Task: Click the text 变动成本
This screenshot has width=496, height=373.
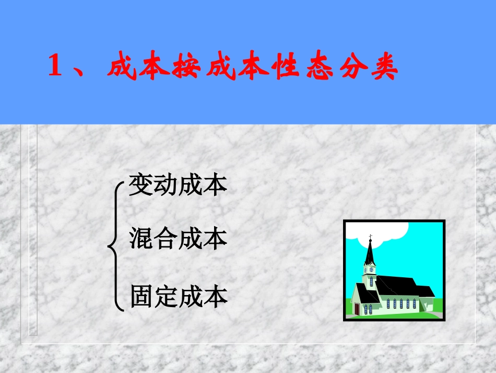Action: click(x=178, y=186)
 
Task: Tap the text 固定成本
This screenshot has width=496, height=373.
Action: click(x=179, y=297)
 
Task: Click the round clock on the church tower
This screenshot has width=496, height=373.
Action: click(x=371, y=270)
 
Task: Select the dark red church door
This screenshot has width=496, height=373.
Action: click(x=357, y=309)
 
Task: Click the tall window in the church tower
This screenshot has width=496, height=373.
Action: click(x=371, y=281)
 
